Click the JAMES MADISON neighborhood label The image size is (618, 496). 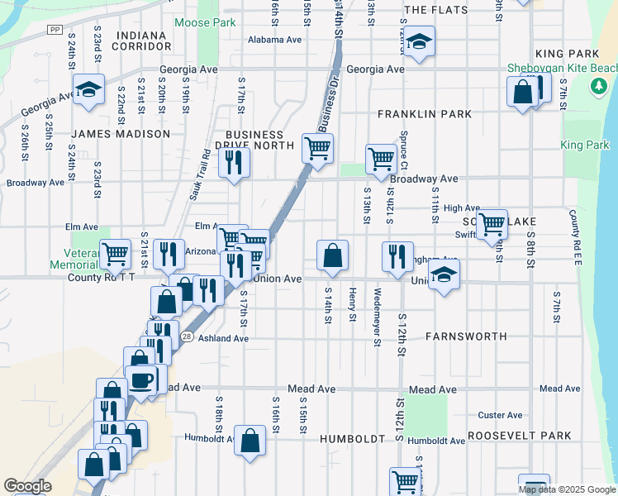[x=121, y=134]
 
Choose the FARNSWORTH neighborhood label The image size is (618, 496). [x=459, y=337]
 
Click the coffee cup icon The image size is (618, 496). [x=141, y=380]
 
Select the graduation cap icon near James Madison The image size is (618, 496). [x=87, y=89]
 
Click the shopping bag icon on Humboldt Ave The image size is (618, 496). [x=250, y=440]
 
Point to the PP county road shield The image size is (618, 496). [x=55, y=29]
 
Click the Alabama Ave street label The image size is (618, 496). [x=275, y=39]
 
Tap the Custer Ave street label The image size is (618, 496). [x=500, y=415]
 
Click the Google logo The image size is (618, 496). [x=27, y=486]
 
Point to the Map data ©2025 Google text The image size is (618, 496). [x=566, y=489]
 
